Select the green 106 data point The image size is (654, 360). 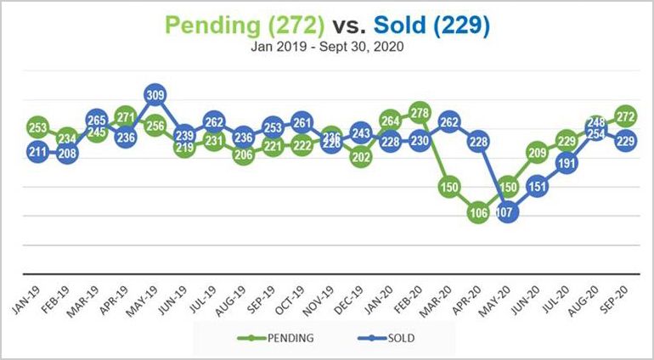click(x=479, y=213)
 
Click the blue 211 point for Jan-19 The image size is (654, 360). click(x=38, y=154)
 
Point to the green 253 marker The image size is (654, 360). click(x=38, y=128)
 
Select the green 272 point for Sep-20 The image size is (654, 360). click(x=627, y=115)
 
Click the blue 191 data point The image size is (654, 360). click(x=567, y=164)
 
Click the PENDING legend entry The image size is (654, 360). click(x=280, y=338)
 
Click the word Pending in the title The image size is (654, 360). click(x=217, y=25)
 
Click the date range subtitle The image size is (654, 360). click(x=326, y=48)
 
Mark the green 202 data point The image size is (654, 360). click(x=361, y=157)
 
